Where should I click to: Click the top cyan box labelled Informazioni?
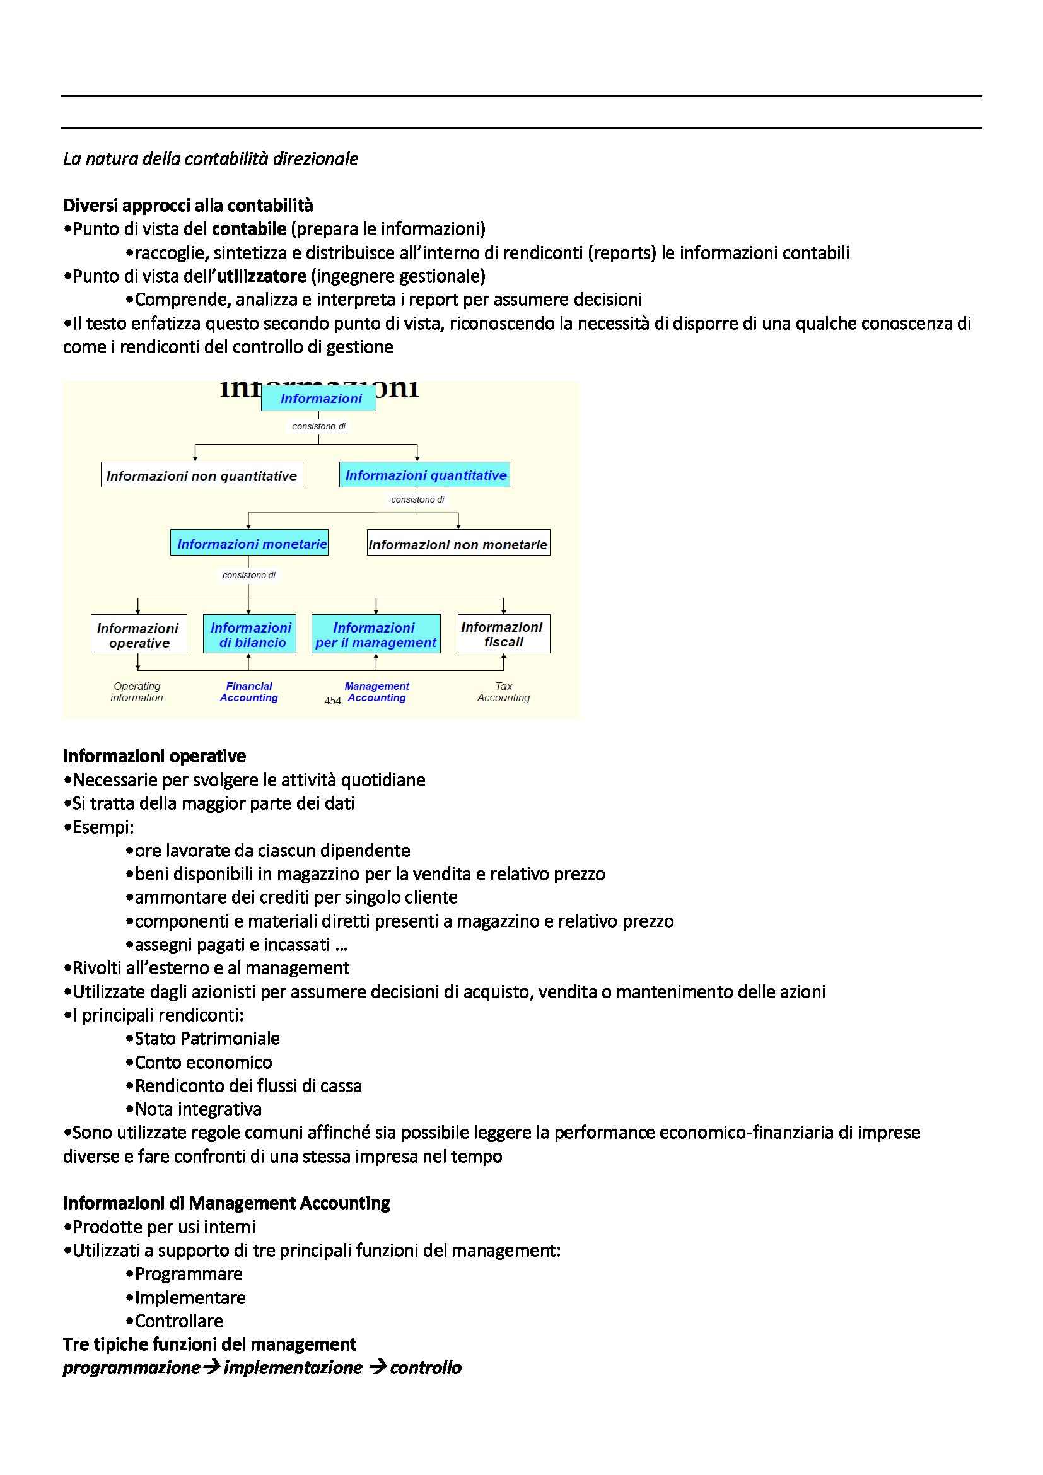tap(318, 399)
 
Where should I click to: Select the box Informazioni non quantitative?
tap(202, 475)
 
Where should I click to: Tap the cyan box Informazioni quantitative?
tap(424, 475)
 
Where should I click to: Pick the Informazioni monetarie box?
tap(249, 543)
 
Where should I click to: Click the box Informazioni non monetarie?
tap(458, 544)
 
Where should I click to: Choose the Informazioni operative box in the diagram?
tap(139, 635)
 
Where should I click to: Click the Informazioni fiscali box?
tap(503, 634)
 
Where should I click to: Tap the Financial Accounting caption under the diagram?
tap(249, 692)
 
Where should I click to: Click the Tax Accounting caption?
tap(503, 692)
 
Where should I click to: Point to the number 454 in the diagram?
tap(333, 701)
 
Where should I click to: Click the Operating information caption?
tap(137, 692)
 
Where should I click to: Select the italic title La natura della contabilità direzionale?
tap(211, 159)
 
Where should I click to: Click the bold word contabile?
tap(249, 229)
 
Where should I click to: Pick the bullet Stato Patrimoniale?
tap(207, 1039)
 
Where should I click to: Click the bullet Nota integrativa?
tap(198, 1109)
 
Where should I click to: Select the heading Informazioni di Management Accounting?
tap(227, 1203)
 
